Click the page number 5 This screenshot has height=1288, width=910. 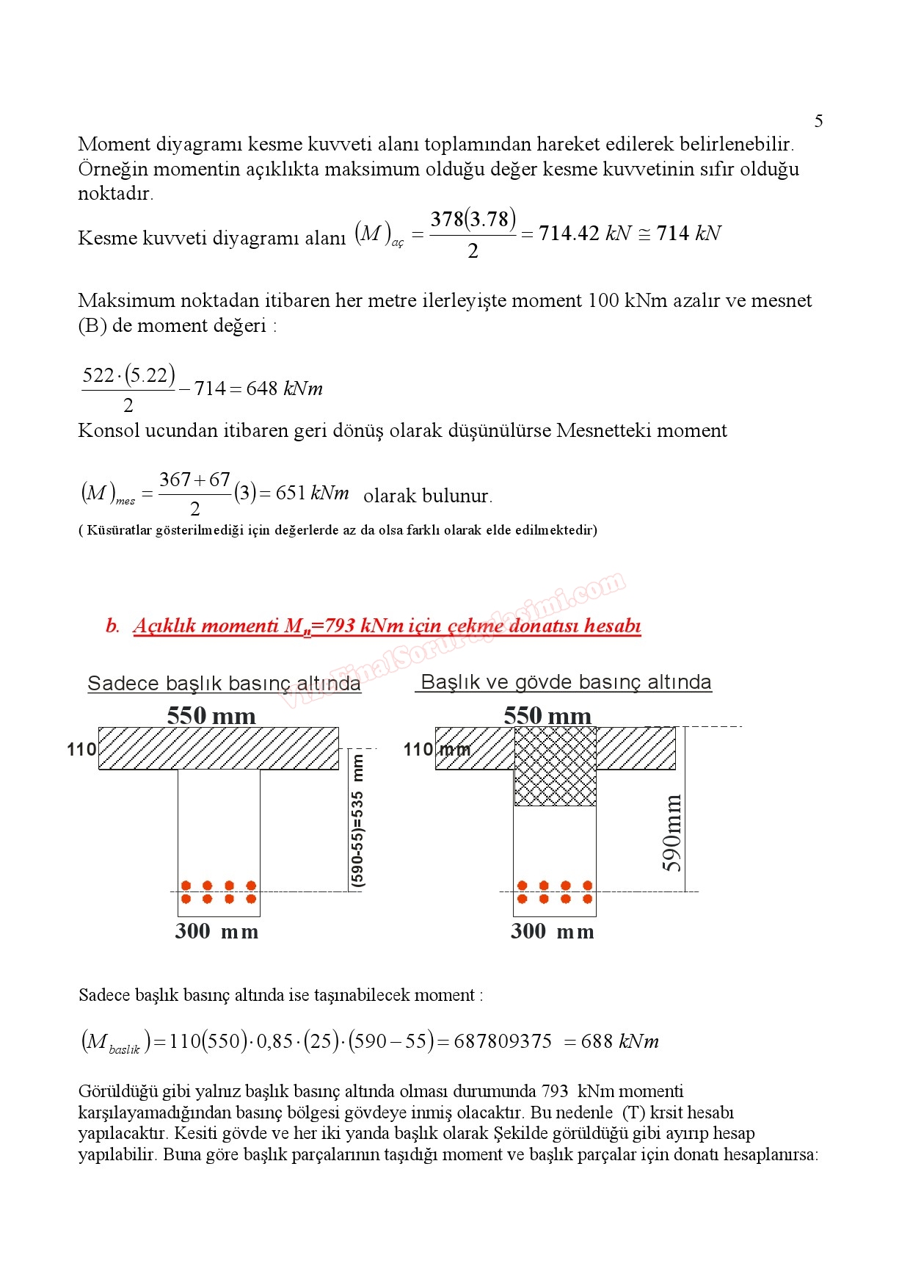[x=818, y=121]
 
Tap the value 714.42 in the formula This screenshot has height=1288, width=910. [x=569, y=234]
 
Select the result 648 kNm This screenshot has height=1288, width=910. [x=284, y=388]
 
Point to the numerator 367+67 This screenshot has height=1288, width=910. [x=194, y=480]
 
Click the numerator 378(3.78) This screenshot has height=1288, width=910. [x=473, y=220]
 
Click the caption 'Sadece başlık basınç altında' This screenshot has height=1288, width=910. [x=224, y=683]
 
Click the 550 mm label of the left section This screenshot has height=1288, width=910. [x=211, y=715]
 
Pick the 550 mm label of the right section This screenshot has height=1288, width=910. [x=547, y=715]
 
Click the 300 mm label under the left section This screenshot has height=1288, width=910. [x=216, y=931]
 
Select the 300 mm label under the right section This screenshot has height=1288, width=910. [x=553, y=931]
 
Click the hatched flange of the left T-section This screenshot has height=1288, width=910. [x=219, y=748]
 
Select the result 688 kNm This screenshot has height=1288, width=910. [x=619, y=1041]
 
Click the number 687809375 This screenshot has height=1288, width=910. [x=503, y=1041]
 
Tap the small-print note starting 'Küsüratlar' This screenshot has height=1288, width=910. [x=338, y=529]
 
